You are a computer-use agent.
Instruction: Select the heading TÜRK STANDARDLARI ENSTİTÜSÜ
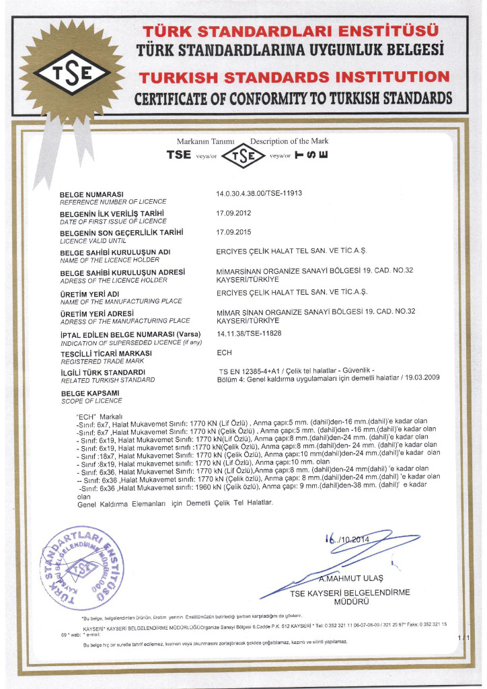pyautogui.click(x=291, y=31)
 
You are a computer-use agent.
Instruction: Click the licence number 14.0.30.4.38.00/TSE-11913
pyautogui.click(x=259, y=194)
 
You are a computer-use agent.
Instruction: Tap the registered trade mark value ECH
pyautogui.click(x=224, y=351)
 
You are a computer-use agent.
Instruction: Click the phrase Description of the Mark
pyautogui.click(x=289, y=141)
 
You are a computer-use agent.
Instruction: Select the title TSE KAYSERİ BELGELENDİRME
pyautogui.click(x=350, y=593)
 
